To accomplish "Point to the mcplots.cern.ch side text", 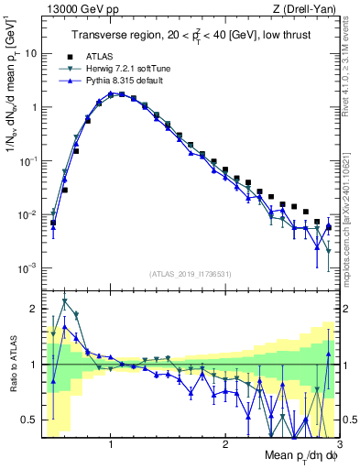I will [x=353, y=220].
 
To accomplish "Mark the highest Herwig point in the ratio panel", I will [x=64, y=300].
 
